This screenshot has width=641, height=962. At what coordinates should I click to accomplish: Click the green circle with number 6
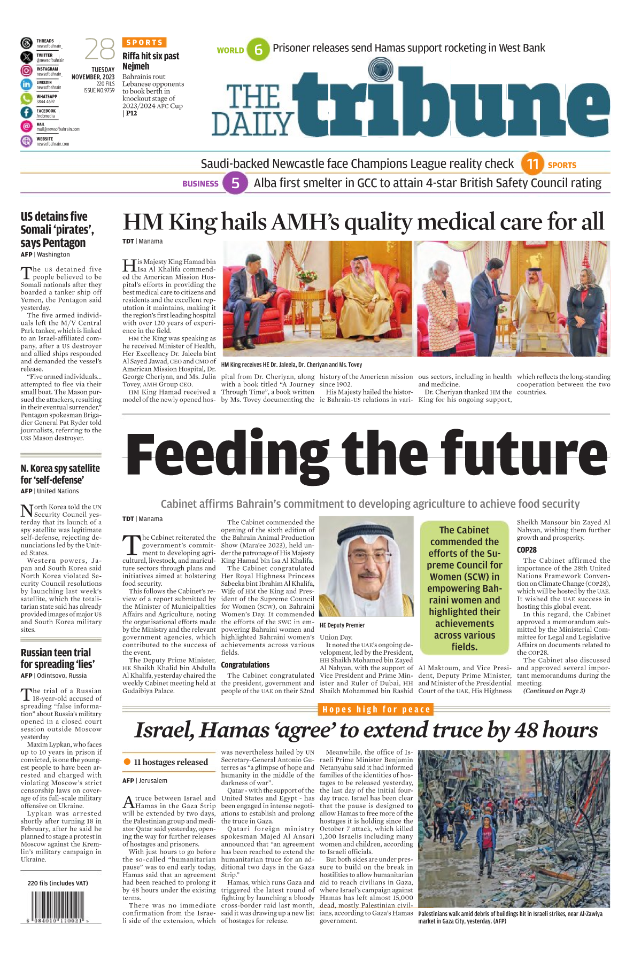[259, 50]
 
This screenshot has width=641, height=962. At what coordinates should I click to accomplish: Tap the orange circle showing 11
[532, 164]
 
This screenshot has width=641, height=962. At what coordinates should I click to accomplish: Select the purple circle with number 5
[235, 183]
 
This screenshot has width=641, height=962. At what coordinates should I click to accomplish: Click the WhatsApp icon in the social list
[27, 98]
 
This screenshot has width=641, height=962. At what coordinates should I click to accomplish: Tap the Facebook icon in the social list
[27, 112]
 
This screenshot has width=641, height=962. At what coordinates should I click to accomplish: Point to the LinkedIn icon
[27, 84]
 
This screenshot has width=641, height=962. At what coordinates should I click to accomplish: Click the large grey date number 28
[100, 50]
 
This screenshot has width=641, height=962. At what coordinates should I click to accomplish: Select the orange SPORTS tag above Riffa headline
[144, 42]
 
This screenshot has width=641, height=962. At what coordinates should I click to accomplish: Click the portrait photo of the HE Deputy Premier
[366, 566]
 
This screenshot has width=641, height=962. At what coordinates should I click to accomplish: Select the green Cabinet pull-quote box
[464, 587]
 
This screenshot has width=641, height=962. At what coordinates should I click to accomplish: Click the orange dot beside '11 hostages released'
[127, 762]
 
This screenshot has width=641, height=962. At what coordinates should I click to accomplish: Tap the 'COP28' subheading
[527, 549]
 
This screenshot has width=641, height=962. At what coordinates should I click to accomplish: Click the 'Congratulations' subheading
[245, 664]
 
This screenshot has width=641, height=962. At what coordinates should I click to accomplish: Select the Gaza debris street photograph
[514, 828]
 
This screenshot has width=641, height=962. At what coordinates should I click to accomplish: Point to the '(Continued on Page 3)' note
[554, 691]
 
